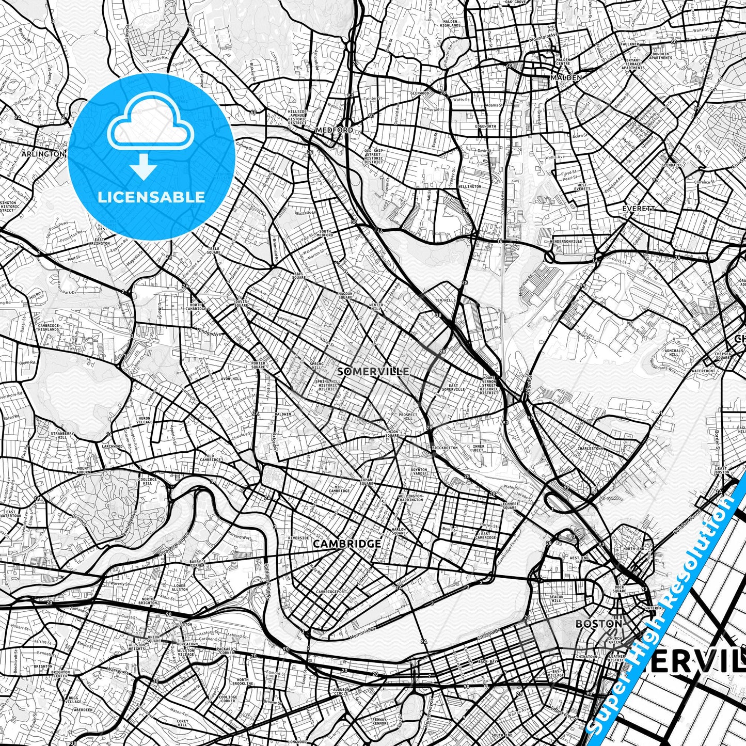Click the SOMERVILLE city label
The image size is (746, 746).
(373, 371)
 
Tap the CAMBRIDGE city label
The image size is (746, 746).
(347, 544)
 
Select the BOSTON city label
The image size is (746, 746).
(599, 624)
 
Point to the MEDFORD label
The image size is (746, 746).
(335, 130)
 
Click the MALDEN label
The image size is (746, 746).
(566, 77)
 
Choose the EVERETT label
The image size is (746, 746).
(639, 209)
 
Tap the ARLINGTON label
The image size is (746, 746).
(43, 154)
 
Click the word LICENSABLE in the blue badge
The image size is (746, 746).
(152, 197)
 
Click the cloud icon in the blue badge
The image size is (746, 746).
(150, 123)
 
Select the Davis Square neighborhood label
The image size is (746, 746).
(242, 303)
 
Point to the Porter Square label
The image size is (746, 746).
(258, 365)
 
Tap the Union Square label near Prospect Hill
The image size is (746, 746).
(392, 433)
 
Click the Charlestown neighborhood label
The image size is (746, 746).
(591, 448)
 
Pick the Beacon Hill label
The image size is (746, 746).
(557, 599)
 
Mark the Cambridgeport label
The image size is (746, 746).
(331, 592)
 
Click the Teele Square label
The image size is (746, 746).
(213, 250)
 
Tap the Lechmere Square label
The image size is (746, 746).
(509, 505)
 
